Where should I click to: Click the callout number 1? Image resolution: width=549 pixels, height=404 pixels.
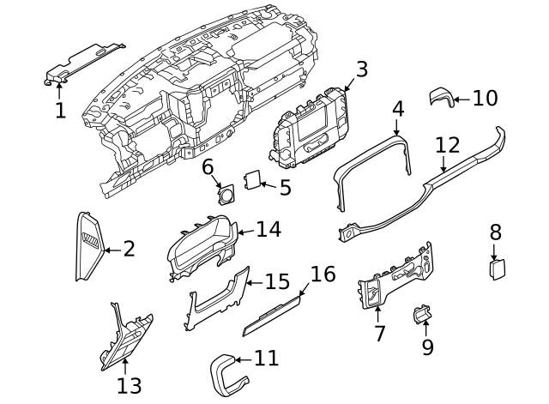pyautogui.click(x=60, y=110)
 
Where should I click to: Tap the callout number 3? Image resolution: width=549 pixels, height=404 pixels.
pyautogui.click(x=361, y=69)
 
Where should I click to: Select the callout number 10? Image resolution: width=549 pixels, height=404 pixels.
pyautogui.click(x=485, y=98)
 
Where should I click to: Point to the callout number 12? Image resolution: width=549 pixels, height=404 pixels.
pyautogui.click(x=448, y=145)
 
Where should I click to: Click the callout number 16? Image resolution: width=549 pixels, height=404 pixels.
pyautogui.click(x=323, y=274)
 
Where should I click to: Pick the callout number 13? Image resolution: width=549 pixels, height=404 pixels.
pyautogui.click(x=129, y=386)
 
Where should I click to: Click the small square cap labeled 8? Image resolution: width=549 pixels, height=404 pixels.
pyautogui.click(x=496, y=269)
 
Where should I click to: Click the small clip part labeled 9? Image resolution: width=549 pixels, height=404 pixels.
pyautogui.click(x=422, y=316)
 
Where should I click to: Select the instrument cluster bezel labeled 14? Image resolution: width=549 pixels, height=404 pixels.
pyautogui.click(x=202, y=249)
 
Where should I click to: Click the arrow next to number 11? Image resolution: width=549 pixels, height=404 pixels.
pyautogui.click(x=243, y=359)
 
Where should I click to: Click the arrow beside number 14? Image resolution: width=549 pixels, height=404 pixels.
pyautogui.click(x=244, y=230)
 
